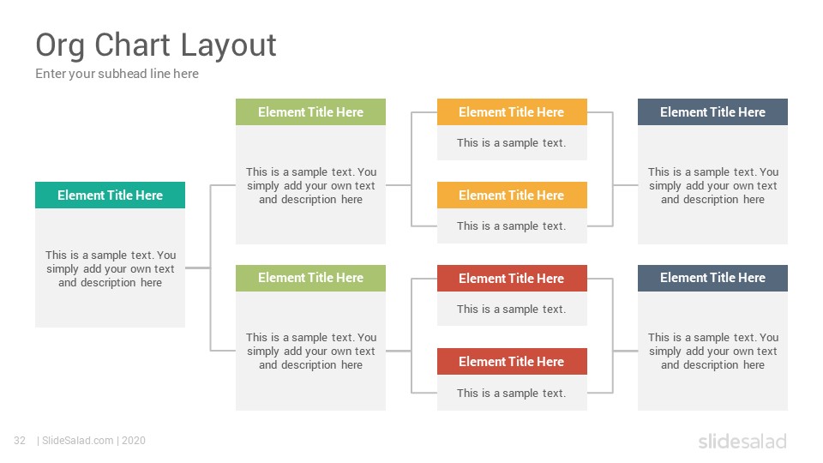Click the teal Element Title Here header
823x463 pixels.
click(x=111, y=195)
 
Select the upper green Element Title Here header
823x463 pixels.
click(x=310, y=111)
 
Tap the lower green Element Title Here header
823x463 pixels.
click(x=310, y=278)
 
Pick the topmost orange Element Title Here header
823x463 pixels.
click(x=512, y=111)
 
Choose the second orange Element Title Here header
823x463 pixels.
click(x=512, y=195)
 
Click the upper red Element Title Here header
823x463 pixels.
click(x=512, y=278)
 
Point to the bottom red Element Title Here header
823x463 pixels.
click(x=512, y=361)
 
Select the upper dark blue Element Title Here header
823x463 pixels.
click(x=712, y=111)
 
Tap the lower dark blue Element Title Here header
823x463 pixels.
click(x=712, y=278)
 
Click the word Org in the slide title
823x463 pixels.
click(x=60, y=45)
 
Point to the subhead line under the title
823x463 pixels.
click(x=117, y=74)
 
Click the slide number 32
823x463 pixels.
click(x=20, y=441)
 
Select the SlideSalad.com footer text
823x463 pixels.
click(x=78, y=441)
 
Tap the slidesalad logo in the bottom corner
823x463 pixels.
click(x=742, y=442)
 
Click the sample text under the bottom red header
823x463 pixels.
click(x=512, y=394)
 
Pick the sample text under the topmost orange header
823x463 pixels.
click(x=512, y=143)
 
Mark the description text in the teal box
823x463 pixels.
click(x=111, y=268)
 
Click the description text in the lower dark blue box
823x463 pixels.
click(x=712, y=352)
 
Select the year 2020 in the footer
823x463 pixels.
click(x=134, y=441)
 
